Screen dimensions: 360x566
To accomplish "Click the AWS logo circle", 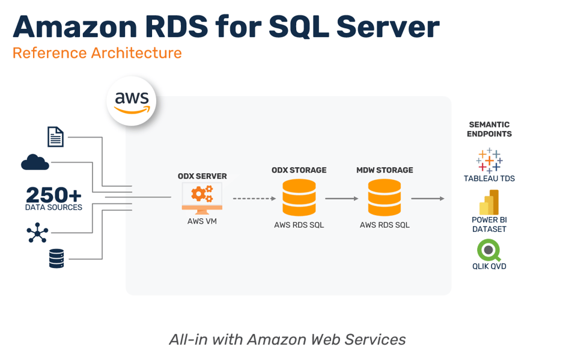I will point(132,101).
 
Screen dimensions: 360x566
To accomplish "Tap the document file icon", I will point(55,136).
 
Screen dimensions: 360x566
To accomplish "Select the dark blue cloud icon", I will point(35,162).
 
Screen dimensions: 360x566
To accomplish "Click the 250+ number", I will point(53,195).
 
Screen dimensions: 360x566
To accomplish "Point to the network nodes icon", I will point(37,233).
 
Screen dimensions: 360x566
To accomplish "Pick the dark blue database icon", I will point(56,258).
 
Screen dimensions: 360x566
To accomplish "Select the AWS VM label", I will point(202,221).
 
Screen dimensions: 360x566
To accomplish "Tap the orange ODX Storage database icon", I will point(299,197).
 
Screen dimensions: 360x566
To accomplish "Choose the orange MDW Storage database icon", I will point(385,197).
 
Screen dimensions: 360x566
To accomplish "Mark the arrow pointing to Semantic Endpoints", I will point(428,198).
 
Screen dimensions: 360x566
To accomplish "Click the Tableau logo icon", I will point(489,160).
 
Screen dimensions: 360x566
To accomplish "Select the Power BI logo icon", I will point(489,202).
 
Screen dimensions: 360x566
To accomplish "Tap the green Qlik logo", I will point(489,249).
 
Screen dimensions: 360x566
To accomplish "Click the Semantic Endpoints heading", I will point(489,129).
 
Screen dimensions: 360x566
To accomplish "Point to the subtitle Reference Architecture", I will point(97,53).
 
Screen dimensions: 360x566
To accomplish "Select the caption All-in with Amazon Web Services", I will point(287,340).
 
